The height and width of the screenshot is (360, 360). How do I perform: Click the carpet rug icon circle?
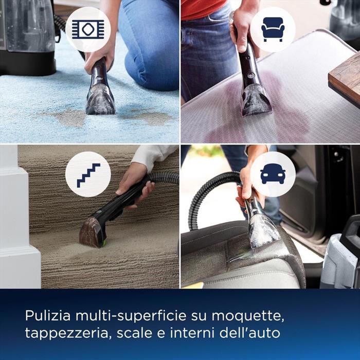88,29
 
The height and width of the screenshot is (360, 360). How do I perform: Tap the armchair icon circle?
273,29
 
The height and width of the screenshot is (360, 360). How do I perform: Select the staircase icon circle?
88,174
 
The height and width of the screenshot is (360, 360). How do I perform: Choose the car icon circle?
273,174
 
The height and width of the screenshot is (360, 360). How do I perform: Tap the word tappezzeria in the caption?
66,333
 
